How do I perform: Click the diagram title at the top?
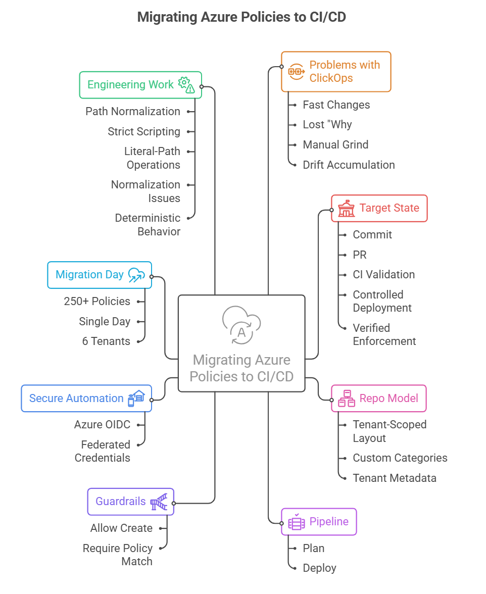click(242, 17)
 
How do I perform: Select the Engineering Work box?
click(140, 85)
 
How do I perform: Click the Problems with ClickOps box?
click(336, 71)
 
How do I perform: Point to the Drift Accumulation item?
click(349, 165)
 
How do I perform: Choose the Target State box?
click(379, 208)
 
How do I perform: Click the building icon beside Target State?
click(346, 208)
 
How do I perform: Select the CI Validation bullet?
click(383, 275)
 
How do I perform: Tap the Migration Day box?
click(100, 275)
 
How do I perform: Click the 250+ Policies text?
click(97, 301)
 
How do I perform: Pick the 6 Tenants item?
click(106, 341)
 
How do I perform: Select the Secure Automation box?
click(86, 398)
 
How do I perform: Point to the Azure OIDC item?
click(102, 425)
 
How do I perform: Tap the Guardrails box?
click(130, 502)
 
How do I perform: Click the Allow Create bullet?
click(121, 528)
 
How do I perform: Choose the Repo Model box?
click(379, 398)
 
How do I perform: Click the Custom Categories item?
click(400, 458)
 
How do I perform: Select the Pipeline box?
click(319, 522)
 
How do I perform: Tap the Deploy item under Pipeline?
click(319, 568)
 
